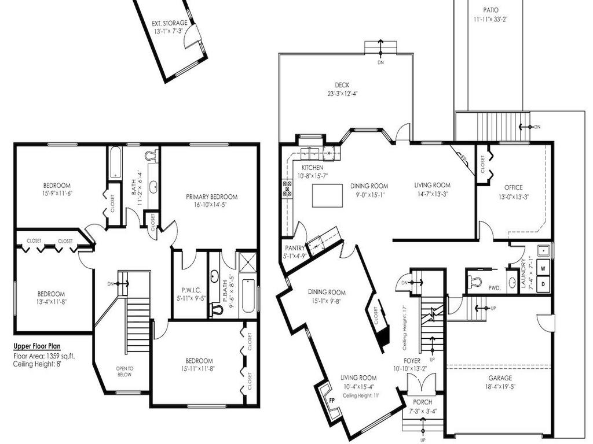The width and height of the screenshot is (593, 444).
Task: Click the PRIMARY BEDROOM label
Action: [211, 197]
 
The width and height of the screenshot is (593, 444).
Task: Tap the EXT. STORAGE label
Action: [170, 24]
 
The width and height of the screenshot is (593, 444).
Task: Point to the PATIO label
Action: [490, 10]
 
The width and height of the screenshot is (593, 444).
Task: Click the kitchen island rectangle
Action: [331, 195]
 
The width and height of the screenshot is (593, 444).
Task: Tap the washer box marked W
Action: [543, 269]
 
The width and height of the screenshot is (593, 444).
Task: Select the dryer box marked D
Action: [543, 284]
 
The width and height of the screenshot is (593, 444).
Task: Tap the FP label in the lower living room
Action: [332, 400]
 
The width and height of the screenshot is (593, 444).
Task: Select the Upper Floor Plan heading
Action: [45, 347]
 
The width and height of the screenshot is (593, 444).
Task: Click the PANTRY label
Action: [294, 247]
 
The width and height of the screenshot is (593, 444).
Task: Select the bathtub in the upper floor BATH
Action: [115, 162]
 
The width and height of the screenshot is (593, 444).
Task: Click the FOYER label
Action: [412, 360]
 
